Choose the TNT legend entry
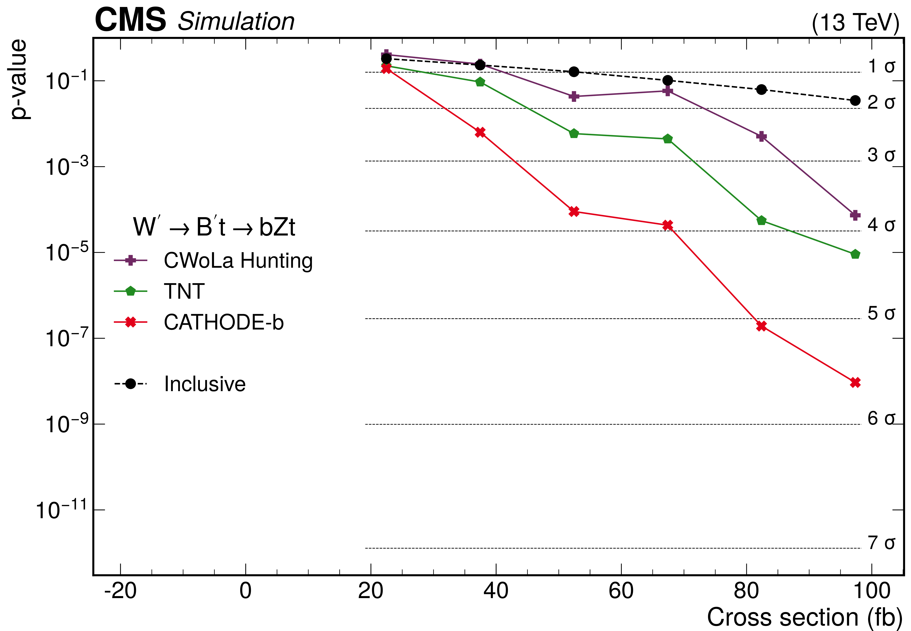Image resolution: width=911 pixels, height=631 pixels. pos(184,291)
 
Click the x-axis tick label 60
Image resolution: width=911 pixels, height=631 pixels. pos(621,591)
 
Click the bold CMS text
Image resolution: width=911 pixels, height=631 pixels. pos(131,21)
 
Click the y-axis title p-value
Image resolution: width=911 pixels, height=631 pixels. pos(19,79)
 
